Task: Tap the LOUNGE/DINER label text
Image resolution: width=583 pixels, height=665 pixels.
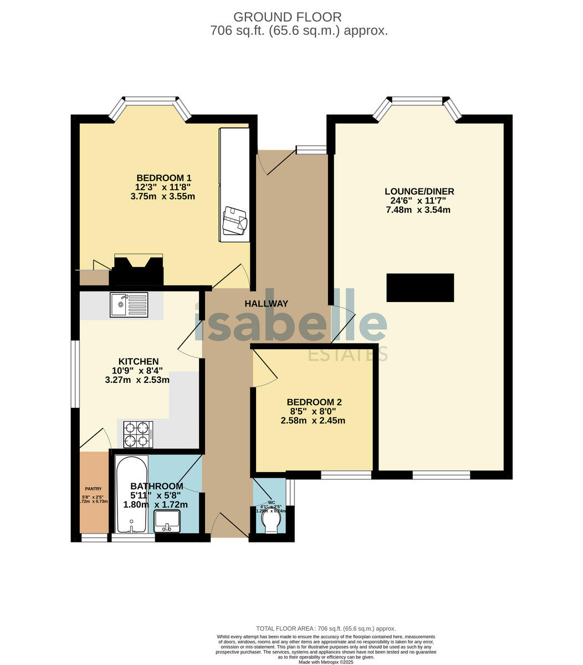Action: pos(420,192)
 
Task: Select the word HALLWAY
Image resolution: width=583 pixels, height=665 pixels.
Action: pos(267,304)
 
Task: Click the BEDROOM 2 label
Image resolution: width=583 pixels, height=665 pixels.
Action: pos(313,402)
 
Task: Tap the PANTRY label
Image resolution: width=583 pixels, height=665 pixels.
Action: pos(93,488)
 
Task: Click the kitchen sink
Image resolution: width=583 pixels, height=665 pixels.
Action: pos(129,304)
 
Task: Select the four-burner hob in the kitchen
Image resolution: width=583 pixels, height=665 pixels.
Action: pos(138,434)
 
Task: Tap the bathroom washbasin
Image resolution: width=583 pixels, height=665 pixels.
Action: pos(167,520)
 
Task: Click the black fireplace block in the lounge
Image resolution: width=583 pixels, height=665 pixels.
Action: pos(420,288)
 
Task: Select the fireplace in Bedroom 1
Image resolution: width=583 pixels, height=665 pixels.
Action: pos(138,270)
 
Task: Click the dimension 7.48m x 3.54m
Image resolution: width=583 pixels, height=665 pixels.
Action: pos(418,210)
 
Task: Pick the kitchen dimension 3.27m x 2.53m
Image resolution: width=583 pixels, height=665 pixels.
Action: pos(137,380)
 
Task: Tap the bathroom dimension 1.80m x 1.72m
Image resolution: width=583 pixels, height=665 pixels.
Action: pos(155,505)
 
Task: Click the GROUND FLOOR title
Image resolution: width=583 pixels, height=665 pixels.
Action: pos(288,17)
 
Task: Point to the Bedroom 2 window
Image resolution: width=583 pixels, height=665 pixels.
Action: pos(346,475)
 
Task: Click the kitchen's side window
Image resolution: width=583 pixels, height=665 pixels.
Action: pos(75,374)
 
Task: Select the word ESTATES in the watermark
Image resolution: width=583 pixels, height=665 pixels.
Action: pos(347,354)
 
